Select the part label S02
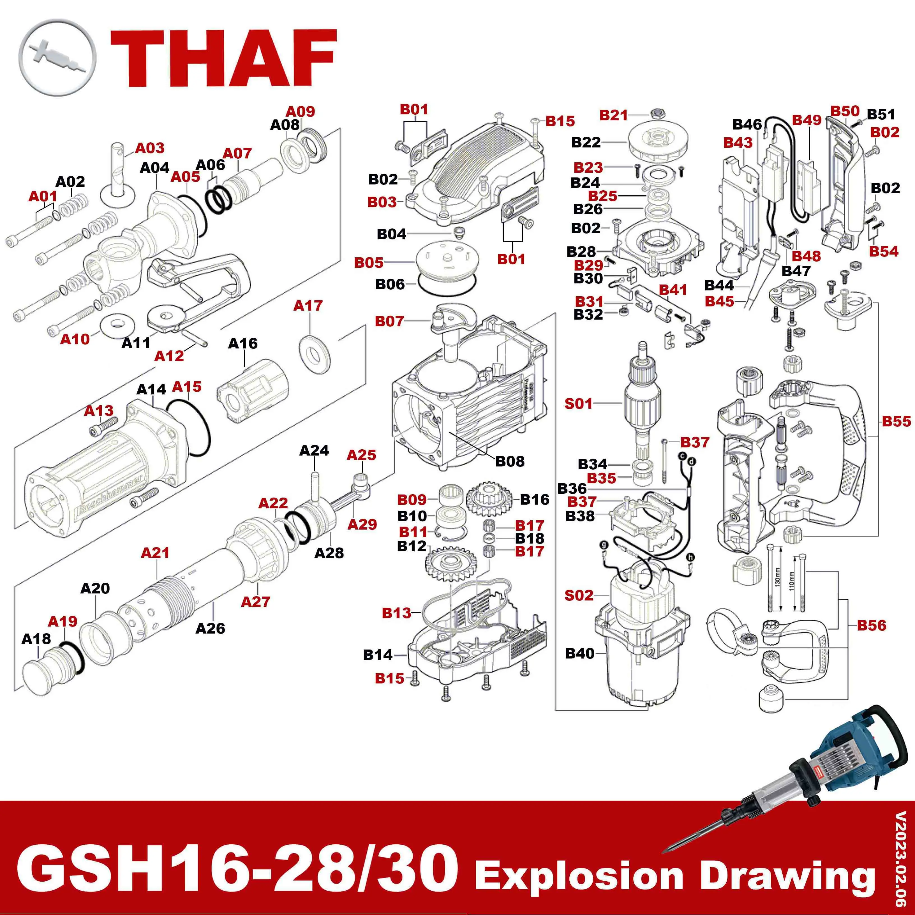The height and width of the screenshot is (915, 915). (578, 595)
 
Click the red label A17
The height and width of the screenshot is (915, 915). (308, 306)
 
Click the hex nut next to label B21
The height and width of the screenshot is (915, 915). (657, 113)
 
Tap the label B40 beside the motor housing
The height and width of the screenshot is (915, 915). (580, 653)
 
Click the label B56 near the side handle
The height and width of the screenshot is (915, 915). (872, 625)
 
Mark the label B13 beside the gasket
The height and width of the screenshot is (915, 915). (396, 613)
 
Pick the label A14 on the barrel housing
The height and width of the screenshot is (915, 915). (151, 389)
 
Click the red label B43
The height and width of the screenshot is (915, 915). (738, 143)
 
